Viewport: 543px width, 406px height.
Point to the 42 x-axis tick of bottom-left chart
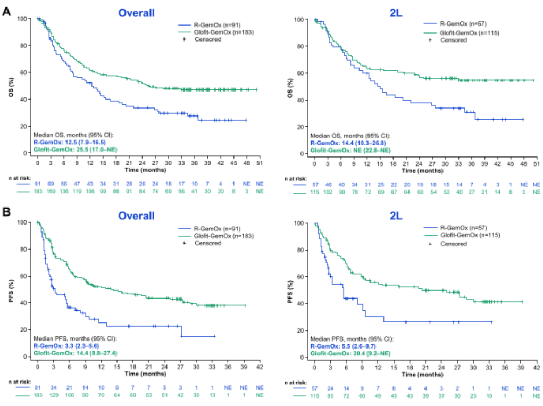(x=260, y=367)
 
